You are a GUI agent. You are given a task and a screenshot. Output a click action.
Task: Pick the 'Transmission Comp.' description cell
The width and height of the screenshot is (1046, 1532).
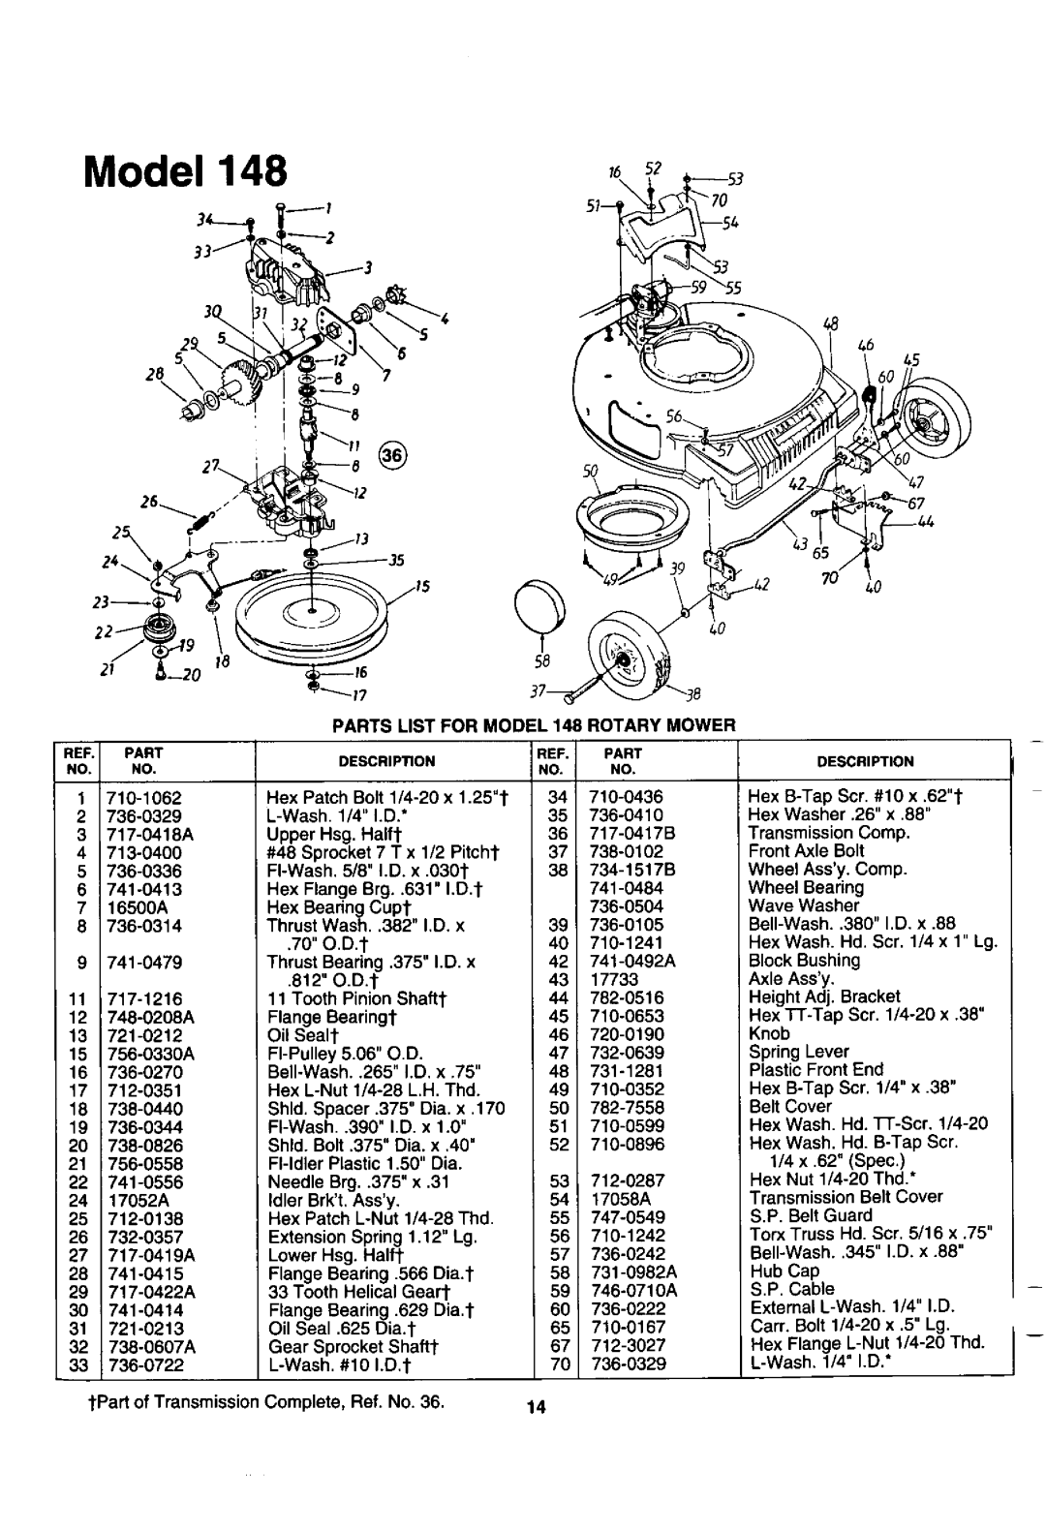click(x=828, y=833)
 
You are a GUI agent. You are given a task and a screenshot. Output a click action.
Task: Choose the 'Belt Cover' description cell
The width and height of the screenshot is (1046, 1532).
click(x=790, y=1106)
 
